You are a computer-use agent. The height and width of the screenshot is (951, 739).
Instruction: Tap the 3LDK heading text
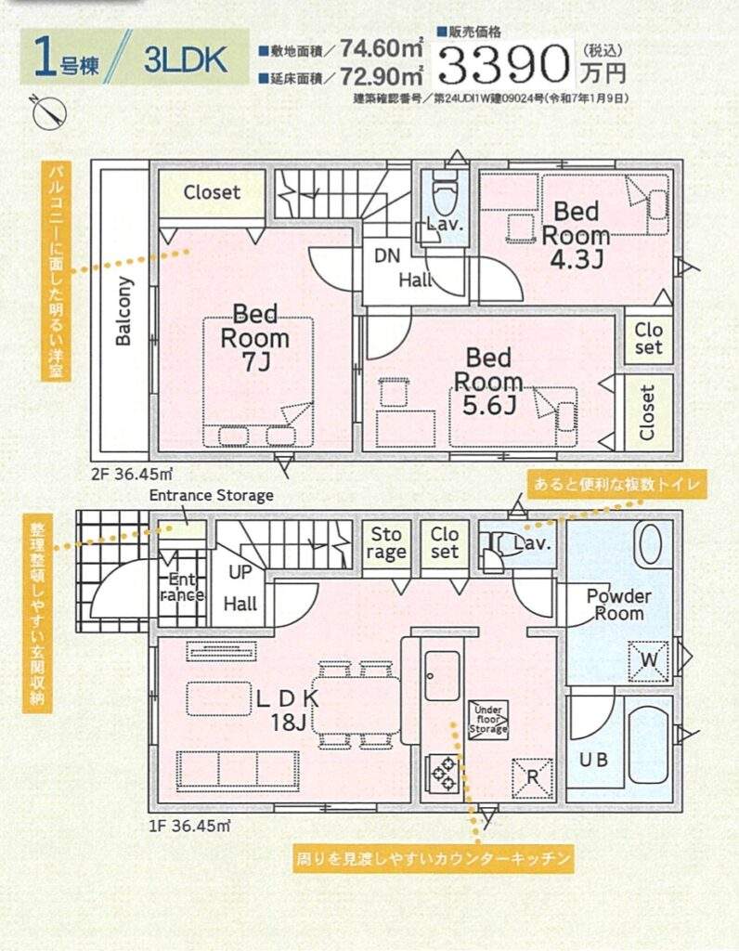coord(186,59)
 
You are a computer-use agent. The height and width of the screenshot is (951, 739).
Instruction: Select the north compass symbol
coord(48,112)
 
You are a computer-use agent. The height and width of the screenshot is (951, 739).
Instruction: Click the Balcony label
coord(123,311)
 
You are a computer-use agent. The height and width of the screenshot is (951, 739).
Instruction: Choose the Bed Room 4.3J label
coord(576,235)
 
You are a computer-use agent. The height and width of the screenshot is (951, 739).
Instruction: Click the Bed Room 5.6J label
coord(488,381)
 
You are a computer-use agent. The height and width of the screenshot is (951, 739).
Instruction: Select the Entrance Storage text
coord(211,495)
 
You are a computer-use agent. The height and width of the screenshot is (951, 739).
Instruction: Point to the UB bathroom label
coord(594,760)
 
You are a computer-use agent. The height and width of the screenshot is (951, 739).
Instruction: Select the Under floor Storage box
coord(488,720)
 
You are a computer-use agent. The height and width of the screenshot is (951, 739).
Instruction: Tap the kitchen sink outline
coord(442,675)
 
